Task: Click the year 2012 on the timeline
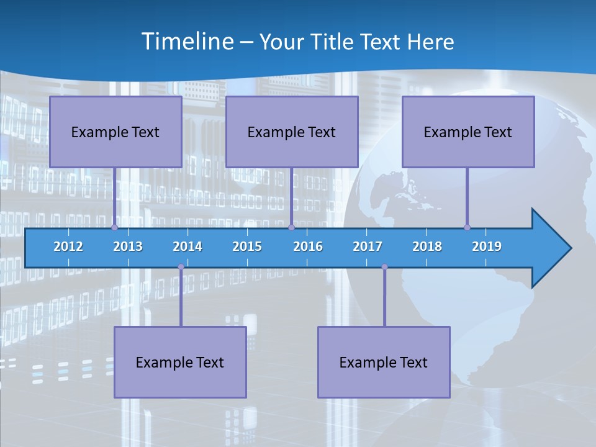pyautogui.click(x=68, y=246)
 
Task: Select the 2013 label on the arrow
pyautogui.click(x=128, y=246)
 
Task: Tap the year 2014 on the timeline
pyautogui.click(x=187, y=246)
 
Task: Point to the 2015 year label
pyautogui.click(x=247, y=246)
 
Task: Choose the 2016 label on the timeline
pyautogui.click(x=308, y=246)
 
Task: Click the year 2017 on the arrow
pyautogui.click(x=368, y=246)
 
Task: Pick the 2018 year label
pyautogui.click(x=427, y=246)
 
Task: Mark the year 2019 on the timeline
pyautogui.click(x=487, y=246)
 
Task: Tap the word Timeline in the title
pyautogui.click(x=187, y=41)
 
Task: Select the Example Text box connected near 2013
pyautogui.click(x=115, y=132)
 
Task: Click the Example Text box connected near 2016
pyautogui.click(x=292, y=132)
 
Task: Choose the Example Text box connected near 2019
pyautogui.click(x=468, y=132)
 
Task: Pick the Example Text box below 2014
pyautogui.click(x=180, y=362)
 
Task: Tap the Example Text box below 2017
pyautogui.click(x=384, y=362)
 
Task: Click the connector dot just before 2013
pyautogui.click(x=114, y=227)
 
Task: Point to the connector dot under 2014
pyautogui.click(x=181, y=267)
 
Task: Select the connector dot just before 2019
pyautogui.click(x=467, y=227)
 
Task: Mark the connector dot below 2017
pyautogui.click(x=384, y=267)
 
